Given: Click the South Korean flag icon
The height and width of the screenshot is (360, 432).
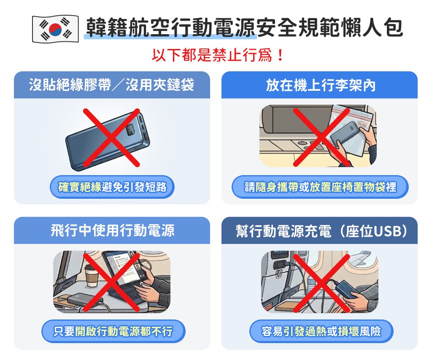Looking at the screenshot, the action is tap(55, 29).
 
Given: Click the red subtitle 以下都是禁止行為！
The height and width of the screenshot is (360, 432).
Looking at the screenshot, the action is tap(218, 55).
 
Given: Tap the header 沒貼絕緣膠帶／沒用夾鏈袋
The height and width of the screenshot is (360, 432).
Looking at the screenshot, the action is tap(111, 85).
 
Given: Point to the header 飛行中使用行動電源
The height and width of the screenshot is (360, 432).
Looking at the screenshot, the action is tap(112, 230).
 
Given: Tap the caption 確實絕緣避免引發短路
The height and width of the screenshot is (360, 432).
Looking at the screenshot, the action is tap(112, 187).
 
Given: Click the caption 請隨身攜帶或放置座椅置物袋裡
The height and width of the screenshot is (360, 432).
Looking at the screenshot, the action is tap(320, 187).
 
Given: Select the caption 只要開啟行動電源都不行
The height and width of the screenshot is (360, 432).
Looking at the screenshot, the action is tap(113, 331).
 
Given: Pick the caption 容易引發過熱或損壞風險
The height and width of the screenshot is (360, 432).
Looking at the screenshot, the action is tap(321, 331).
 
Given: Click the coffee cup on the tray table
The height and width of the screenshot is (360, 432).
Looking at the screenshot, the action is tap(92, 276).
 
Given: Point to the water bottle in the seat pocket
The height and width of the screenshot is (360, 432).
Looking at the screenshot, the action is tap(311, 285).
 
